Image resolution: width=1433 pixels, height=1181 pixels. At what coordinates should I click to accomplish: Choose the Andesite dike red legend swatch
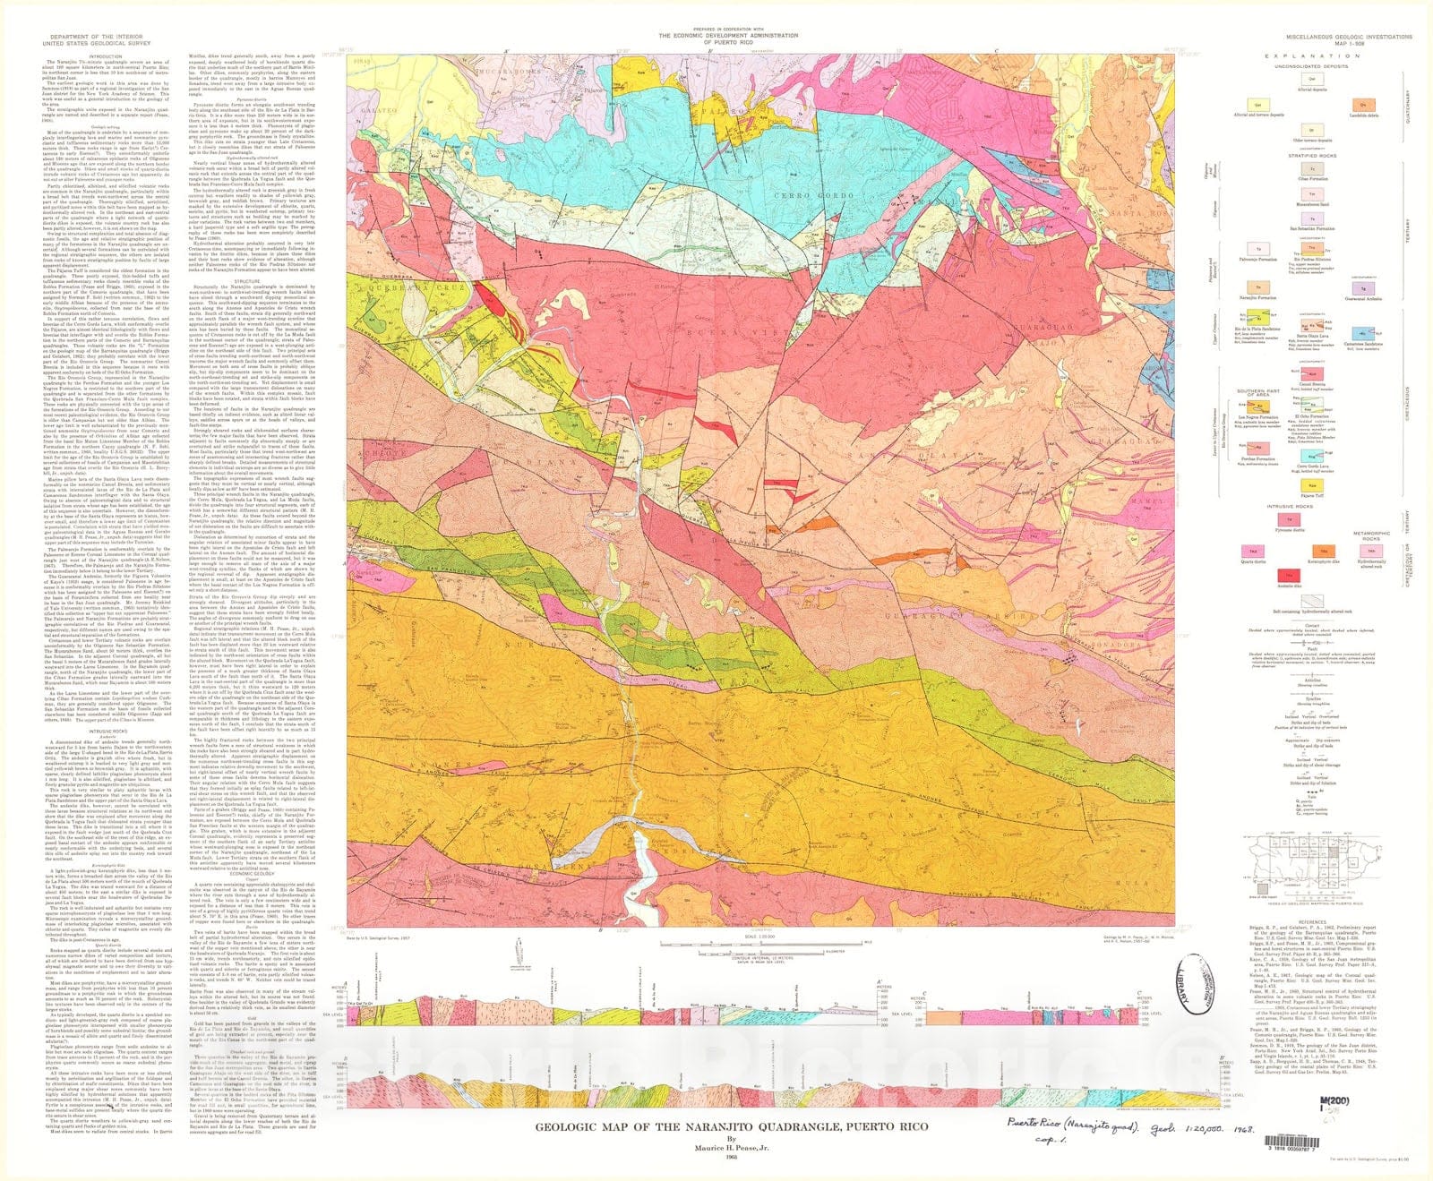tap(1289, 576)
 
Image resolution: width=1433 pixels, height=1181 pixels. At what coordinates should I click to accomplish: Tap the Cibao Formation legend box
tap(1312, 168)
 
